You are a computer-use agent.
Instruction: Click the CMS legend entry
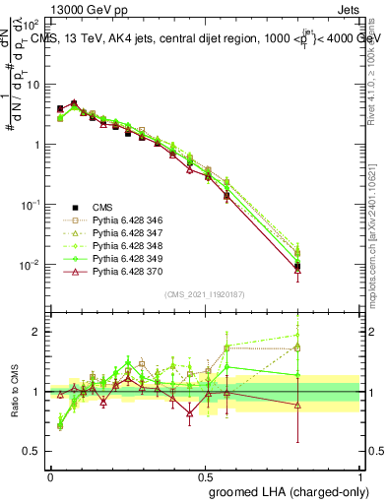pyautogui.click(x=100, y=207)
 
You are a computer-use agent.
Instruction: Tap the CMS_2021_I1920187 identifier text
pyautogui.click(x=205, y=294)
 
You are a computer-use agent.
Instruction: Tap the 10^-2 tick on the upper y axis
pyautogui.click(x=30, y=265)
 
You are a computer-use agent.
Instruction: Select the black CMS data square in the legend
pyautogui.click(x=76, y=207)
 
